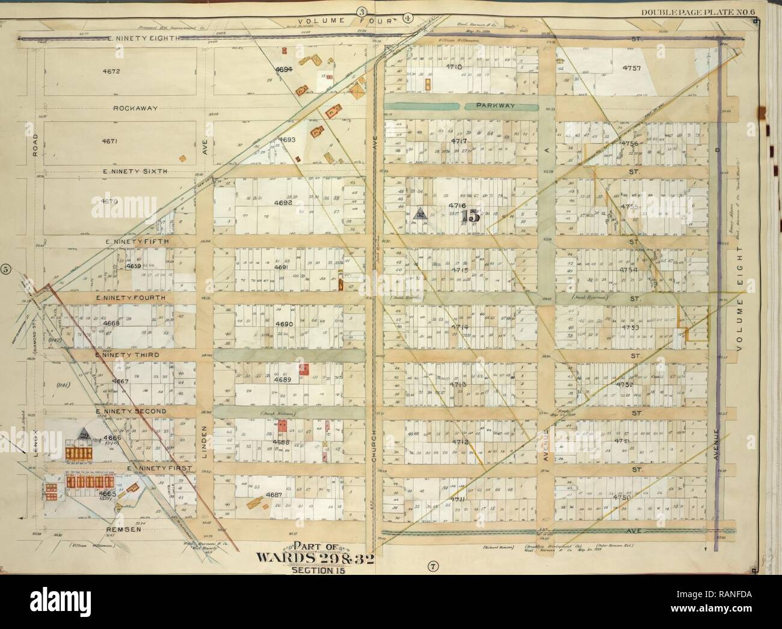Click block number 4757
click(x=629, y=67)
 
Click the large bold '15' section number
click(x=471, y=213)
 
